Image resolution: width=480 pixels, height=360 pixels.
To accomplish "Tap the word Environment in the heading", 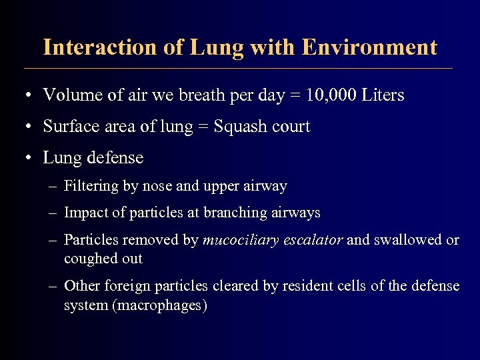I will click(x=369, y=47).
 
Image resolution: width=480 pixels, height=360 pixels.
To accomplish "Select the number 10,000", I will click(x=331, y=95).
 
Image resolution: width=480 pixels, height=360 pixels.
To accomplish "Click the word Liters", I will click(x=383, y=95).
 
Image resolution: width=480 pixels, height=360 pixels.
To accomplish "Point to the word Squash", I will click(x=238, y=127).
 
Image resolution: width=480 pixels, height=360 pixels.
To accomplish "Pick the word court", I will click(x=290, y=127).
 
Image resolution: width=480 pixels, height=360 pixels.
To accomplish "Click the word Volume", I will click(x=69, y=95).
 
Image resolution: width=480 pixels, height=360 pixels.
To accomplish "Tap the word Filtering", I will click(x=91, y=187).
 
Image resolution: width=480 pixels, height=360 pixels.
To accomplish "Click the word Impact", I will click(x=84, y=213).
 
